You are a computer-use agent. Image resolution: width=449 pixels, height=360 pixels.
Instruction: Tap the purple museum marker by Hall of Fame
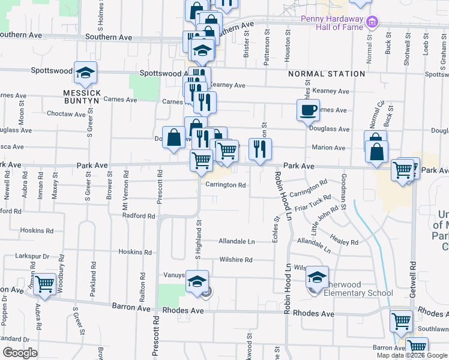[372, 22]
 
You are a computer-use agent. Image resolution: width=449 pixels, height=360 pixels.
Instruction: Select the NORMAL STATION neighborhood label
[327, 74]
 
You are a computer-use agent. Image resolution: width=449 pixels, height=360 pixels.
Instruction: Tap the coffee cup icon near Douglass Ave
[308, 110]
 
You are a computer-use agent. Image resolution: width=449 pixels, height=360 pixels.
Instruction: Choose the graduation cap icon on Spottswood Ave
[85, 73]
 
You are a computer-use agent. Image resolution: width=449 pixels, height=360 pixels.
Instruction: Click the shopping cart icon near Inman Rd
[44, 284]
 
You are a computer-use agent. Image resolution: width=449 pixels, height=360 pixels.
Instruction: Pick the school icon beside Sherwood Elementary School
[317, 277]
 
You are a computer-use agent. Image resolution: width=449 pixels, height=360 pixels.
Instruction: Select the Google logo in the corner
[20, 353]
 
